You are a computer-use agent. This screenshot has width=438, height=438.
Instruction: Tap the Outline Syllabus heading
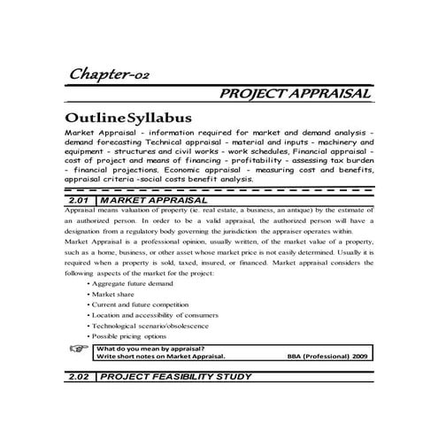(127, 118)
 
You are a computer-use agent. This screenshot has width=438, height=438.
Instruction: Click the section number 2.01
(81, 201)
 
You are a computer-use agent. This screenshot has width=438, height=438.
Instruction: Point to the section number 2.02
(81, 377)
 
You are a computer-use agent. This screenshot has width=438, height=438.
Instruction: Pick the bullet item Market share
(114, 294)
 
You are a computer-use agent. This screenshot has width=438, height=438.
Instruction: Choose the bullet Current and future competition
(141, 304)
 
